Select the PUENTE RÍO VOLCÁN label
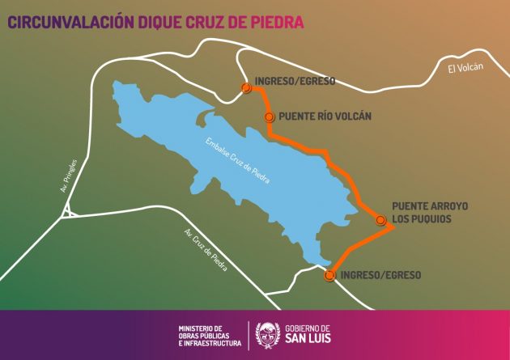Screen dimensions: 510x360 325,116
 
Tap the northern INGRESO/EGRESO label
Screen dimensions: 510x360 295,81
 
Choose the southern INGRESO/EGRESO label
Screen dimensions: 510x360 381,275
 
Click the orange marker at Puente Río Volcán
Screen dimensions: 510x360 270,116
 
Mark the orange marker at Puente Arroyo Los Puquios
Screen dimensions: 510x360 380,219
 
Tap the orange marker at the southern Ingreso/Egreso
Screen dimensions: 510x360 329,275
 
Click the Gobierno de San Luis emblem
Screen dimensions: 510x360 268,332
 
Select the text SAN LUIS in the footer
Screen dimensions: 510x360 308,338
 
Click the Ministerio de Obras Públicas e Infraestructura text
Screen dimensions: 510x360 210,335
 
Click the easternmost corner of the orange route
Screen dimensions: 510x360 394,227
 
